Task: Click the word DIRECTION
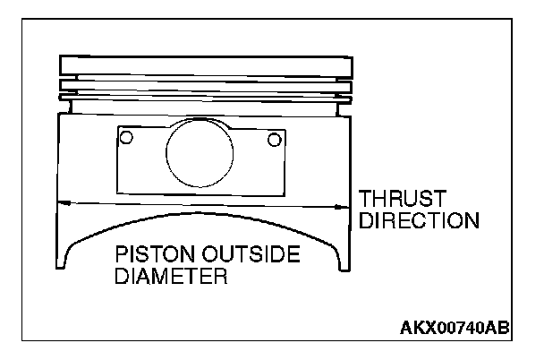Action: point(418,219)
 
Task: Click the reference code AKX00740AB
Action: point(455,329)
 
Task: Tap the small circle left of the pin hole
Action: point(127,138)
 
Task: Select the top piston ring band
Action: point(204,65)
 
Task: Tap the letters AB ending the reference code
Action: point(497,329)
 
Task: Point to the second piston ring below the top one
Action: point(204,86)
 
